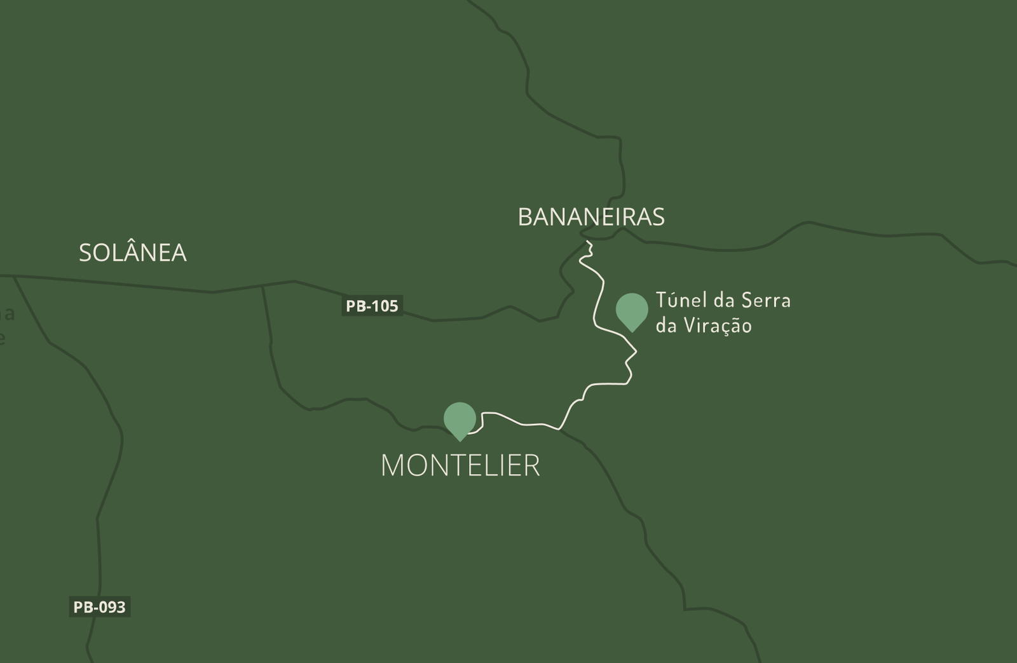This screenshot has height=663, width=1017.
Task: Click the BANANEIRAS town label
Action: pos(591,217)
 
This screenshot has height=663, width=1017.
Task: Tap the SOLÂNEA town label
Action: pos(133,253)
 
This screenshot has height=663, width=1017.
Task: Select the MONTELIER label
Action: pos(460,465)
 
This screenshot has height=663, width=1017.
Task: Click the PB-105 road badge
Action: pos(372,306)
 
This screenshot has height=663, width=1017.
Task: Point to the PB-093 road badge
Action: pos(99,607)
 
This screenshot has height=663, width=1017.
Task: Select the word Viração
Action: pos(718,325)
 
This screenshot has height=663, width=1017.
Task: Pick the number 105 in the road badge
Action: pos(385,306)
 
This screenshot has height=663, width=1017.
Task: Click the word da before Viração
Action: pos(665,325)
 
